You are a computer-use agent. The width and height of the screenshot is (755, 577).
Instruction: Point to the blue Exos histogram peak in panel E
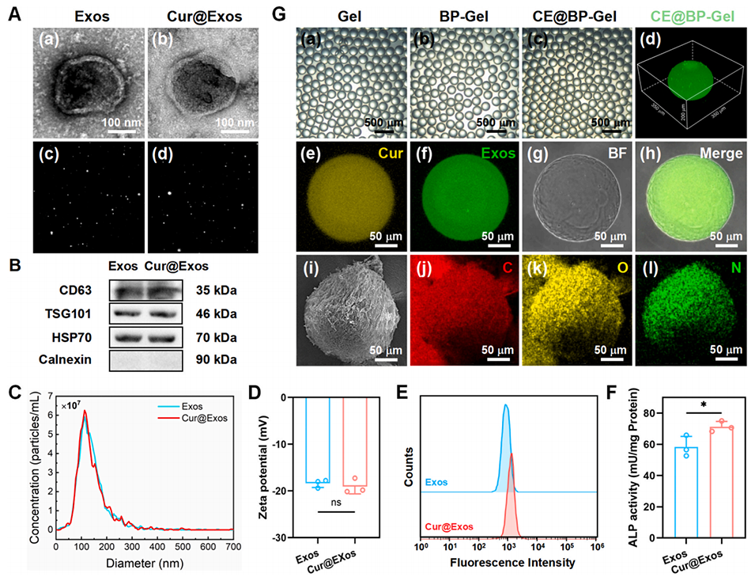click(x=504, y=407)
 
